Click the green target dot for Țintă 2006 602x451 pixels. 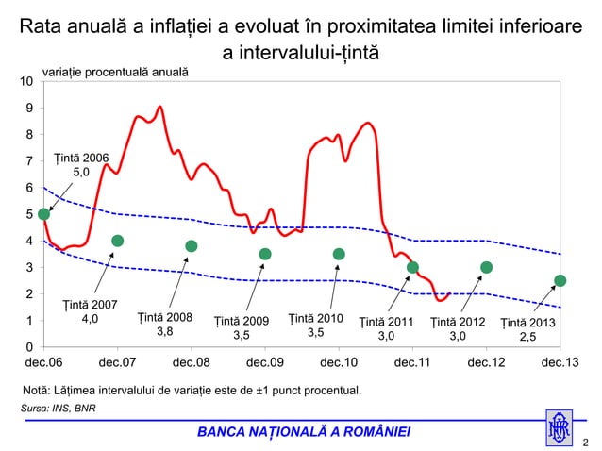pos(43,214)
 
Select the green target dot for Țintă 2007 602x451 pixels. pos(118,241)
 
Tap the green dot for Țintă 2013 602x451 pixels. pos(560,280)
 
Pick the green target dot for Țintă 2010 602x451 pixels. pos(339,254)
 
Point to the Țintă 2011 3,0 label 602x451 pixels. pos(387,328)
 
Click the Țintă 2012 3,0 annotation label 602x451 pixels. pos(458,328)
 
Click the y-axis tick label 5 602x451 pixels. pos(30,215)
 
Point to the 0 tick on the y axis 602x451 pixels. pos(30,348)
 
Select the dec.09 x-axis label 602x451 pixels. pos(265,362)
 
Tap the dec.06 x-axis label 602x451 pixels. pos(44,362)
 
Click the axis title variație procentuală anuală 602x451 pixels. pos(115,72)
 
